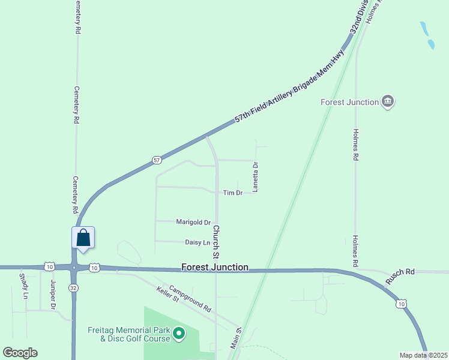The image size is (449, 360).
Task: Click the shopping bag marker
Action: (83, 238)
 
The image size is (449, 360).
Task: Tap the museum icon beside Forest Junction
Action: (388, 102)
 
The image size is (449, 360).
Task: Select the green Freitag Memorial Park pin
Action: (178, 333)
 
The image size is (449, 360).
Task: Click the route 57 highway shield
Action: (157, 160)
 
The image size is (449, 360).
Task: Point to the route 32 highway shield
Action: (73, 287)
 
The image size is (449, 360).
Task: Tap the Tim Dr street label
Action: (232, 193)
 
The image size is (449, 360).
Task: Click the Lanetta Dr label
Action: (255, 177)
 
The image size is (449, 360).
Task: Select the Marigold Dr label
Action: (193, 222)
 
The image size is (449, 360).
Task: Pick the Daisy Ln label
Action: (198, 242)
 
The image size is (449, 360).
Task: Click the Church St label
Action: (217, 239)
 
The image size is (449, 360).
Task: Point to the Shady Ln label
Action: (23, 287)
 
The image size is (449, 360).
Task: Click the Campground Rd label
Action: (190, 298)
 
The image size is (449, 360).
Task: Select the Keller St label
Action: (168, 295)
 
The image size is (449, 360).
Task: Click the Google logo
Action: (20, 353)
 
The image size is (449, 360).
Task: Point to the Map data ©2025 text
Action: (423, 355)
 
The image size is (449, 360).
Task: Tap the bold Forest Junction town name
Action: (215, 268)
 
